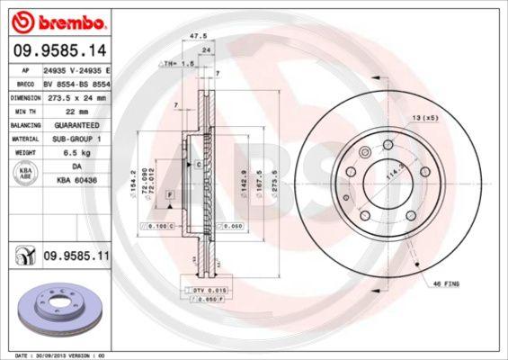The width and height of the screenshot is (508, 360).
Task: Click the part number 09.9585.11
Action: click(76, 256)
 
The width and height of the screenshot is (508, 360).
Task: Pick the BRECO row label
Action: click(27, 82)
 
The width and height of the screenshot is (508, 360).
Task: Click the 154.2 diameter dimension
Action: click(134, 177)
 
